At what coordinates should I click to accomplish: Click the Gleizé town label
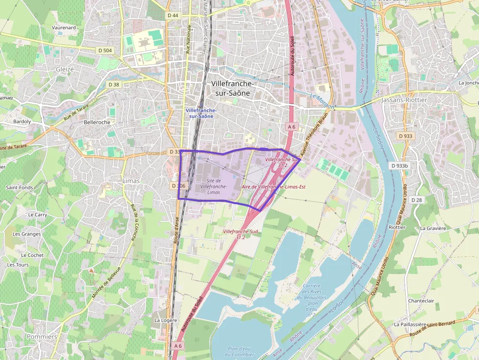coord(65,69)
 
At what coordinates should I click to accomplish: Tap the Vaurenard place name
coord(64,28)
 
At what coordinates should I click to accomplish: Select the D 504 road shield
coord(105,50)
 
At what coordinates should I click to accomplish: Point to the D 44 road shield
coord(173,16)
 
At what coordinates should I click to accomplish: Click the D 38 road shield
coord(113,85)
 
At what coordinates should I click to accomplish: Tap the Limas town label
coord(131,181)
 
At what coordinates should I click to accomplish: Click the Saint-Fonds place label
coord(20,187)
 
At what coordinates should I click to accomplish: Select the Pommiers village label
coord(42,337)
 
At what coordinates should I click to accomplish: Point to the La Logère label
coord(166,320)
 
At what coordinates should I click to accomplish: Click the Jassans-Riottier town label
coord(404,100)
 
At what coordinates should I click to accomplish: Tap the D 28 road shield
coord(416,200)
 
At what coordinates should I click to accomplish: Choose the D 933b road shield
coord(399,166)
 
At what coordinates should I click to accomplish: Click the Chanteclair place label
coord(421,301)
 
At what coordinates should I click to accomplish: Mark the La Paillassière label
coord(411,324)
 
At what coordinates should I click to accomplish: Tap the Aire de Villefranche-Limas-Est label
coord(274,187)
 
